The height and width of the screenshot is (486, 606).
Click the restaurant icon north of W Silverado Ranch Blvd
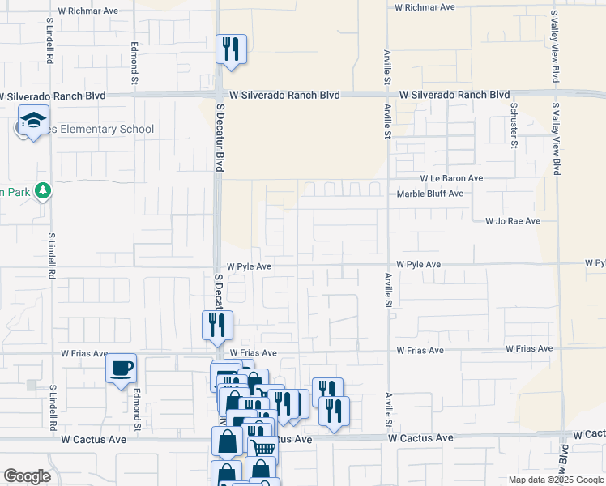[231, 49]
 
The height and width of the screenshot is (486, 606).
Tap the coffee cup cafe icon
[122, 369]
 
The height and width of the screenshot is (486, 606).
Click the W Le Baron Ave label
[451, 178]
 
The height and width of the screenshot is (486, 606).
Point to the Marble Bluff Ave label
[429, 194]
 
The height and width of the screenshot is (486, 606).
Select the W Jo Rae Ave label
[512, 220]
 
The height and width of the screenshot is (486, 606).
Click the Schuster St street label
[514, 126]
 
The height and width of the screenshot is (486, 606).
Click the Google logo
[28, 476]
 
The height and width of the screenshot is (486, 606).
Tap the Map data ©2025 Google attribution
[555, 480]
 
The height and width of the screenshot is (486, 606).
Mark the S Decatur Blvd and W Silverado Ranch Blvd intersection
[219, 95]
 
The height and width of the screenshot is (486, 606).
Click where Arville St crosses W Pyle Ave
[388, 265]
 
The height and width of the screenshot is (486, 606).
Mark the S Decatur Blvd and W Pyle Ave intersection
[219, 266]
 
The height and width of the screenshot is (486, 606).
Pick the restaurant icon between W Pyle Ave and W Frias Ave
[216, 325]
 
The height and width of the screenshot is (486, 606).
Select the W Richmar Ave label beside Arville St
[425, 6]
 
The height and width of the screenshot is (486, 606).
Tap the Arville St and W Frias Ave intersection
[388, 352]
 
